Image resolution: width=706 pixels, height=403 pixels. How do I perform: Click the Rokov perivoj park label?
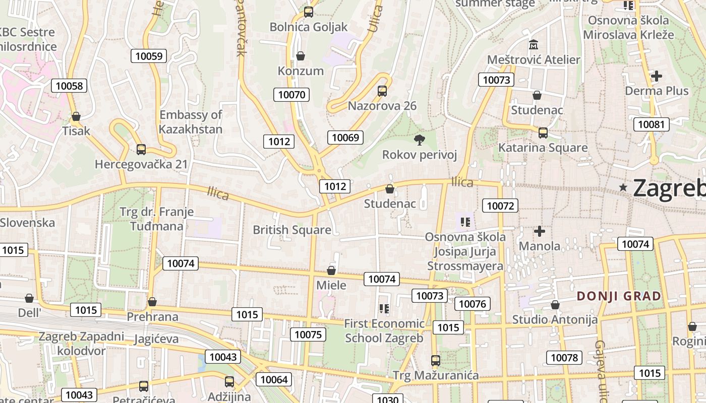pos(420,155)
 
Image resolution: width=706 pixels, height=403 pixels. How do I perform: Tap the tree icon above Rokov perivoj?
pos(419,140)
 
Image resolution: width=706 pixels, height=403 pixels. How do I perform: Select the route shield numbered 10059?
pos(149,56)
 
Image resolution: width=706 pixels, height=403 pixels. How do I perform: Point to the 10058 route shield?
pos(69,86)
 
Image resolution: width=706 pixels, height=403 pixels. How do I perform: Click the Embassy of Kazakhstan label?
pos(191,122)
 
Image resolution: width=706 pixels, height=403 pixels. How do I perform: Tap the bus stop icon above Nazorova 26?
pos(382,91)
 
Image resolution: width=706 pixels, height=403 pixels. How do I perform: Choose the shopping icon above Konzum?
pos(301,55)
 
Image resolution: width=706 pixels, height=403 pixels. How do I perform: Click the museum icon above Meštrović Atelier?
pos(533,45)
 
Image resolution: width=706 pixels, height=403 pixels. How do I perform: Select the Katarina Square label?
pos(543,148)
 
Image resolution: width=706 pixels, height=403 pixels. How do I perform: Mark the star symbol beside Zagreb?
pos(623,187)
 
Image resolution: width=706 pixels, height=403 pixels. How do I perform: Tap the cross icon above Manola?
pos(540,231)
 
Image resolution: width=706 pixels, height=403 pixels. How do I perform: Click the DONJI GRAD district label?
pos(619,296)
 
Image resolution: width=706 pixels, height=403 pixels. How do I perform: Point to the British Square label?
pos(292,230)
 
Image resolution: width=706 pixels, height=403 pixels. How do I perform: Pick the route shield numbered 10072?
pos(500,205)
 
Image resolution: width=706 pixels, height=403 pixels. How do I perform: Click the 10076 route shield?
pos(472,304)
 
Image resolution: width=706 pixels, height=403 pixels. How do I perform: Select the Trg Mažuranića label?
pos(436,375)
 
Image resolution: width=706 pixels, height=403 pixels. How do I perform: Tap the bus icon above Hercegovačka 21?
pos(141,150)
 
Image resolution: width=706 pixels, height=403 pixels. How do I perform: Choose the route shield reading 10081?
pos(651,124)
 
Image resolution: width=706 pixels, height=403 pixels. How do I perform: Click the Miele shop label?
pos(331,285)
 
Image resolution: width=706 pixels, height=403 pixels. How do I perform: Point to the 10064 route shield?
pos(274,379)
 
